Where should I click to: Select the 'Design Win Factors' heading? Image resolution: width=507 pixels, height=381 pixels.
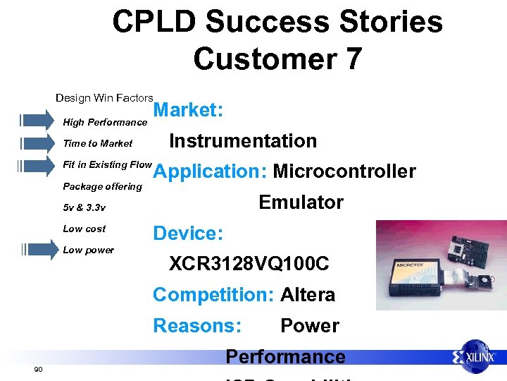[x=104, y=97]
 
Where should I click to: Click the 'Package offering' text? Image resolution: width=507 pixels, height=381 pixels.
[x=102, y=186]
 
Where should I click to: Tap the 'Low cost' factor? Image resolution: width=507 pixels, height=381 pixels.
[x=84, y=229]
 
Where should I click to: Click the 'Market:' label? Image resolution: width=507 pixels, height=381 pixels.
[x=188, y=110]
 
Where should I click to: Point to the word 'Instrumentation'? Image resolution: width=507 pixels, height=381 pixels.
[x=243, y=141]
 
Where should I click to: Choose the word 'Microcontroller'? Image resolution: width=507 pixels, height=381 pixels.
[x=344, y=171]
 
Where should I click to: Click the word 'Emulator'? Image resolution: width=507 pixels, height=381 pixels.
[x=301, y=202]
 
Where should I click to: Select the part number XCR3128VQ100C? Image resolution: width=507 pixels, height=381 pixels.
[x=249, y=264]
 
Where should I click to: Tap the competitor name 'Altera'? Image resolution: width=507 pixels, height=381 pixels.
[x=308, y=295]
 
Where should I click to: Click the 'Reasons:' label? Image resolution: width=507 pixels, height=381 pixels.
[x=197, y=326]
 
